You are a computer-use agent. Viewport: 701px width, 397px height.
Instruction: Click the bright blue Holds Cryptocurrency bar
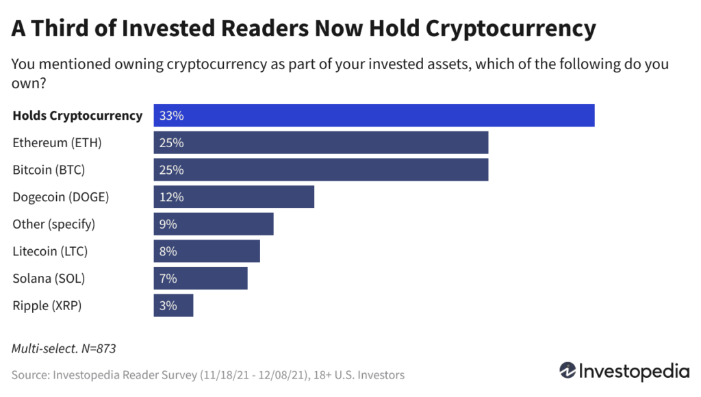click(374, 116)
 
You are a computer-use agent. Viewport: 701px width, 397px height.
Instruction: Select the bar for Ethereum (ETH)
click(320, 143)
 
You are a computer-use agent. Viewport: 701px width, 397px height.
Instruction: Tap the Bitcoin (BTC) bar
click(320, 170)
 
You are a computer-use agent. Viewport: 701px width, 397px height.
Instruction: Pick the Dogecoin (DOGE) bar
click(233, 197)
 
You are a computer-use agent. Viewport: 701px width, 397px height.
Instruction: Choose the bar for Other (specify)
click(214, 224)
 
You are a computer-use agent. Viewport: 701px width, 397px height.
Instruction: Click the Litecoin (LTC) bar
click(207, 251)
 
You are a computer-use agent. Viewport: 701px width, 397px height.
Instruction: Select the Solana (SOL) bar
click(201, 279)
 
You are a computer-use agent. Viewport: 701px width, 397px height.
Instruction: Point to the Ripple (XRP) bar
click(173, 305)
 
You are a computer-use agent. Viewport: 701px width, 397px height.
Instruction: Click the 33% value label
click(171, 116)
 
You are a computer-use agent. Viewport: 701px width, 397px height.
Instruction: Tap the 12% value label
click(170, 197)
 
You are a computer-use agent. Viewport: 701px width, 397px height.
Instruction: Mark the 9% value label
click(168, 224)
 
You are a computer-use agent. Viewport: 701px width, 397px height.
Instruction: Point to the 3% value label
click(168, 305)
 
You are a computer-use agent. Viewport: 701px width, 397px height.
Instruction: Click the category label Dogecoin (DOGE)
click(61, 197)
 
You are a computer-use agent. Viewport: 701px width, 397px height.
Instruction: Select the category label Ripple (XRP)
click(47, 305)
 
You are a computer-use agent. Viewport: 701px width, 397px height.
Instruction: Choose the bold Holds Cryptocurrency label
click(77, 116)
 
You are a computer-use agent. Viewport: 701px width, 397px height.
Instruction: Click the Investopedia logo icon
click(568, 371)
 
